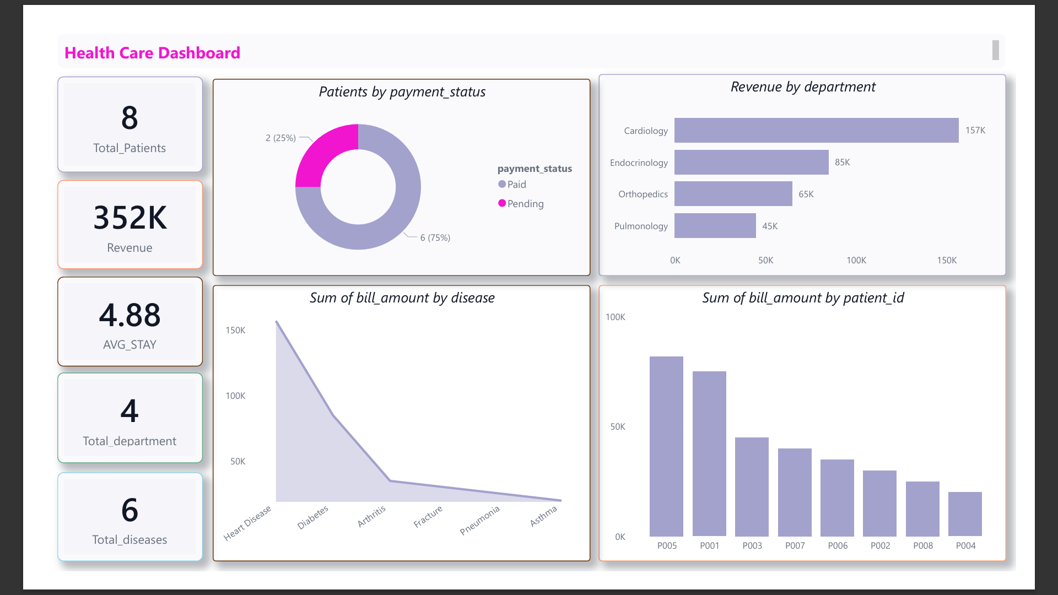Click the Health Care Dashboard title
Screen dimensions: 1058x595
coord(152,53)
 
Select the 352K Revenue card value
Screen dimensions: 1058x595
coord(130,218)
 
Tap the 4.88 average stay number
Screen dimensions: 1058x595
coord(129,315)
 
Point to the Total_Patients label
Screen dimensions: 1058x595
coord(129,148)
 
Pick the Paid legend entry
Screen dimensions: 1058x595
coord(512,185)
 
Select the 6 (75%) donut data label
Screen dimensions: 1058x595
coord(435,237)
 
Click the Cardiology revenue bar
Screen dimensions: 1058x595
coord(817,131)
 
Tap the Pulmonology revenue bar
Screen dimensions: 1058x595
coord(715,226)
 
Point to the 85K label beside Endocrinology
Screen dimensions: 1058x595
coord(843,163)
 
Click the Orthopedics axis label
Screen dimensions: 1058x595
coord(643,194)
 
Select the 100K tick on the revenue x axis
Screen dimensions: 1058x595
coord(856,260)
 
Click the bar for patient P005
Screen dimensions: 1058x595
coord(666,446)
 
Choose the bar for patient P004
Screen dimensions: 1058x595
coord(965,514)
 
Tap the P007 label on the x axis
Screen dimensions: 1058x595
coord(795,545)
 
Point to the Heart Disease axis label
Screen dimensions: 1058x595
coord(247,523)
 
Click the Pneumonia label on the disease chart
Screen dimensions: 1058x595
coord(480,520)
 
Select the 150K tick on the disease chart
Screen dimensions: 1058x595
coord(235,330)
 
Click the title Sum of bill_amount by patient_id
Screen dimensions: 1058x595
coord(803,298)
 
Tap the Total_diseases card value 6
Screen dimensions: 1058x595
coord(130,510)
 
